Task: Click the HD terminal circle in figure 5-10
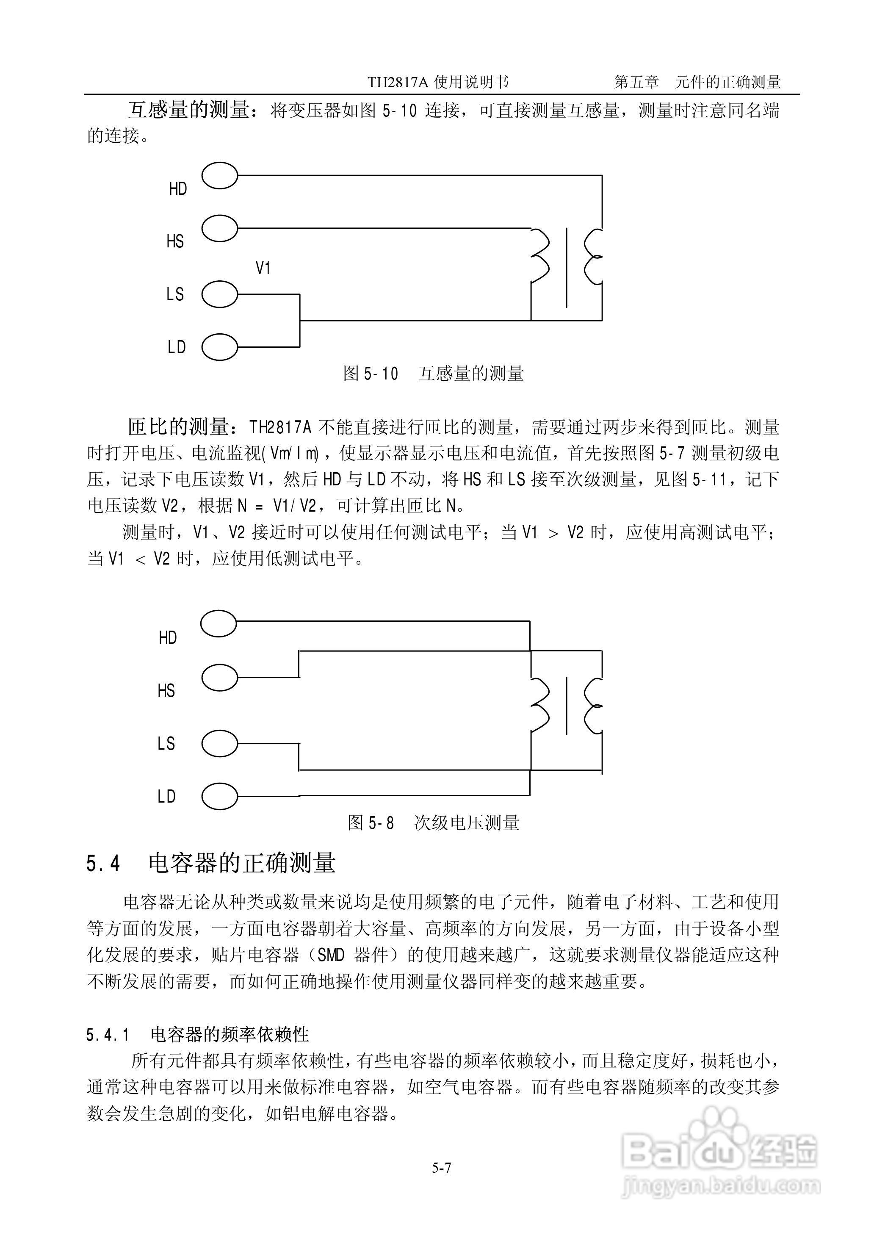tap(220, 176)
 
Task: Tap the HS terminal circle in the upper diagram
tap(220, 229)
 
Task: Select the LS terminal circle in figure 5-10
tap(220, 294)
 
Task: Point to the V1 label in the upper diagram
tap(263, 268)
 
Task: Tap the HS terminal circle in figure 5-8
tap(218, 676)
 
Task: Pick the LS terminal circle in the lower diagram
tap(220, 743)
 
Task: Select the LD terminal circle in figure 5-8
tap(220, 796)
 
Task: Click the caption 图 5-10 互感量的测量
tap(433, 374)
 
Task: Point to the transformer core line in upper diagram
tap(566, 267)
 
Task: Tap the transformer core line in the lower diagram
tap(566, 706)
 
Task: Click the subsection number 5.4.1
tap(108, 1034)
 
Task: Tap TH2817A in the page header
tap(398, 82)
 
